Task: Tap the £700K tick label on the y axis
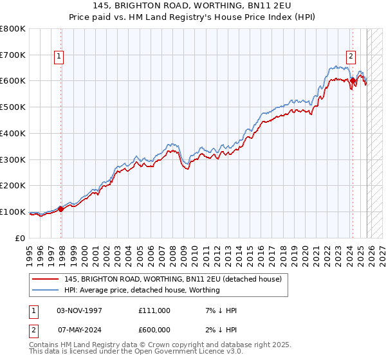pyautogui.click(x=13, y=55)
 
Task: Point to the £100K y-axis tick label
pyautogui.click(x=13, y=212)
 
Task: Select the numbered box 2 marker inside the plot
pyautogui.click(x=351, y=56)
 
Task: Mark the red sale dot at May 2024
pyautogui.click(x=353, y=81)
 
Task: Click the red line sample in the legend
pyautogui.click(x=45, y=280)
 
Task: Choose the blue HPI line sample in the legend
pyautogui.click(x=45, y=291)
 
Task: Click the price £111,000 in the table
pyautogui.click(x=154, y=310)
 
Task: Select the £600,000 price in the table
pyautogui.click(x=154, y=330)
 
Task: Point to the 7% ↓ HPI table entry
pyautogui.click(x=220, y=310)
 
